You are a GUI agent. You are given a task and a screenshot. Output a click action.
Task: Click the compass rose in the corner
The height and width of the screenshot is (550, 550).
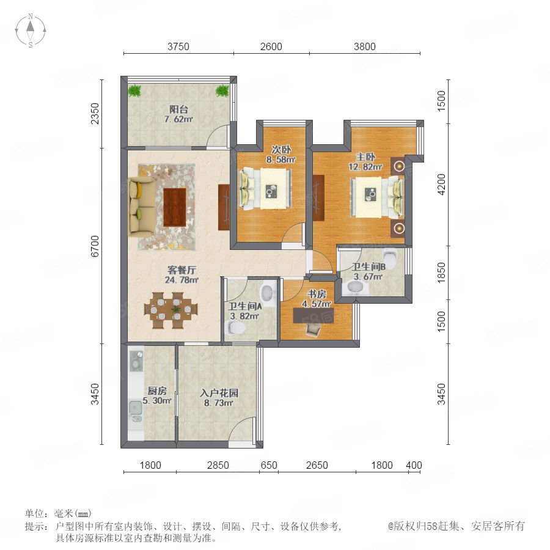[x=31, y=31]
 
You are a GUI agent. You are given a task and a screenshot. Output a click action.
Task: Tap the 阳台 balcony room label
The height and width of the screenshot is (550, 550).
[x=178, y=109]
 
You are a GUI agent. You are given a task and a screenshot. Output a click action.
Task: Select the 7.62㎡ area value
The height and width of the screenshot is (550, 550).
[x=178, y=119]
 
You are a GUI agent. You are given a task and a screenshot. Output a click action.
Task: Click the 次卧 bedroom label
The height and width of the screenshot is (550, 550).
[x=281, y=150]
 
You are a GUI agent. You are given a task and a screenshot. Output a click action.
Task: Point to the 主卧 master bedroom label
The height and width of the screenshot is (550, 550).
[x=365, y=157]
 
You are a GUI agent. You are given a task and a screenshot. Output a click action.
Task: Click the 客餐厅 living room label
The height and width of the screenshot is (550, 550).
[x=182, y=270]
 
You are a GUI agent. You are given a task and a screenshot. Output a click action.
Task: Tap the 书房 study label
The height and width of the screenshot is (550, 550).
[x=317, y=294]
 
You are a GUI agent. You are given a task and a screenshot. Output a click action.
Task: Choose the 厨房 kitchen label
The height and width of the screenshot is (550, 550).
[x=157, y=391]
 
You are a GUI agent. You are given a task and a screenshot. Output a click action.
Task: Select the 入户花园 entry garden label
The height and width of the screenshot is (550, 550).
[x=219, y=393]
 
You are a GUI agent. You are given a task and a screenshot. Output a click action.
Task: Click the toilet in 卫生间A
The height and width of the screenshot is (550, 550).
[x=236, y=328]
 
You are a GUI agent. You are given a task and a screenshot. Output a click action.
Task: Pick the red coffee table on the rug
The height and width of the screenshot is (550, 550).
[x=175, y=207]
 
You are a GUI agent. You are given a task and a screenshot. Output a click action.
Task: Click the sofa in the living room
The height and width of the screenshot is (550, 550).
[x=141, y=207]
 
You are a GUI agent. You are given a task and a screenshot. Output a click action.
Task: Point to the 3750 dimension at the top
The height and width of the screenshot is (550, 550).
[x=178, y=46]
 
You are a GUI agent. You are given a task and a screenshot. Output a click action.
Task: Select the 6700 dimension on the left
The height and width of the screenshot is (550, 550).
[x=95, y=246]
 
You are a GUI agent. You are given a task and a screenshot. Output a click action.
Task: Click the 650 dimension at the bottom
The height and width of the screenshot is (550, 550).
[x=269, y=466]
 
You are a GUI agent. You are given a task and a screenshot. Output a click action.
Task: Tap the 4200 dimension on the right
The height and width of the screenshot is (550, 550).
[x=441, y=185]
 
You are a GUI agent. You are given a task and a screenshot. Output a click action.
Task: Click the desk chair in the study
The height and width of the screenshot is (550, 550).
[x=313, y=330]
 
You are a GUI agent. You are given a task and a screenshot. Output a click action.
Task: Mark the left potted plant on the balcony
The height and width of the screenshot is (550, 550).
[x=134, y=91]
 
